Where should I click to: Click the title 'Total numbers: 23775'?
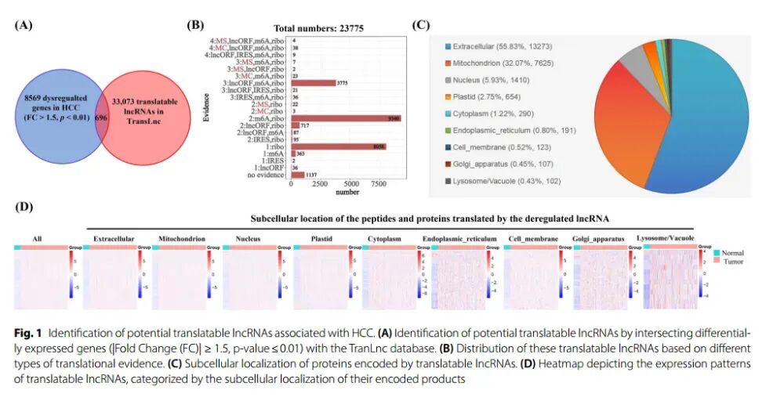(318, 28)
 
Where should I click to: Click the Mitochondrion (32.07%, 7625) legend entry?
(490, 63)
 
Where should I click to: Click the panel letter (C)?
(420, 24)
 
